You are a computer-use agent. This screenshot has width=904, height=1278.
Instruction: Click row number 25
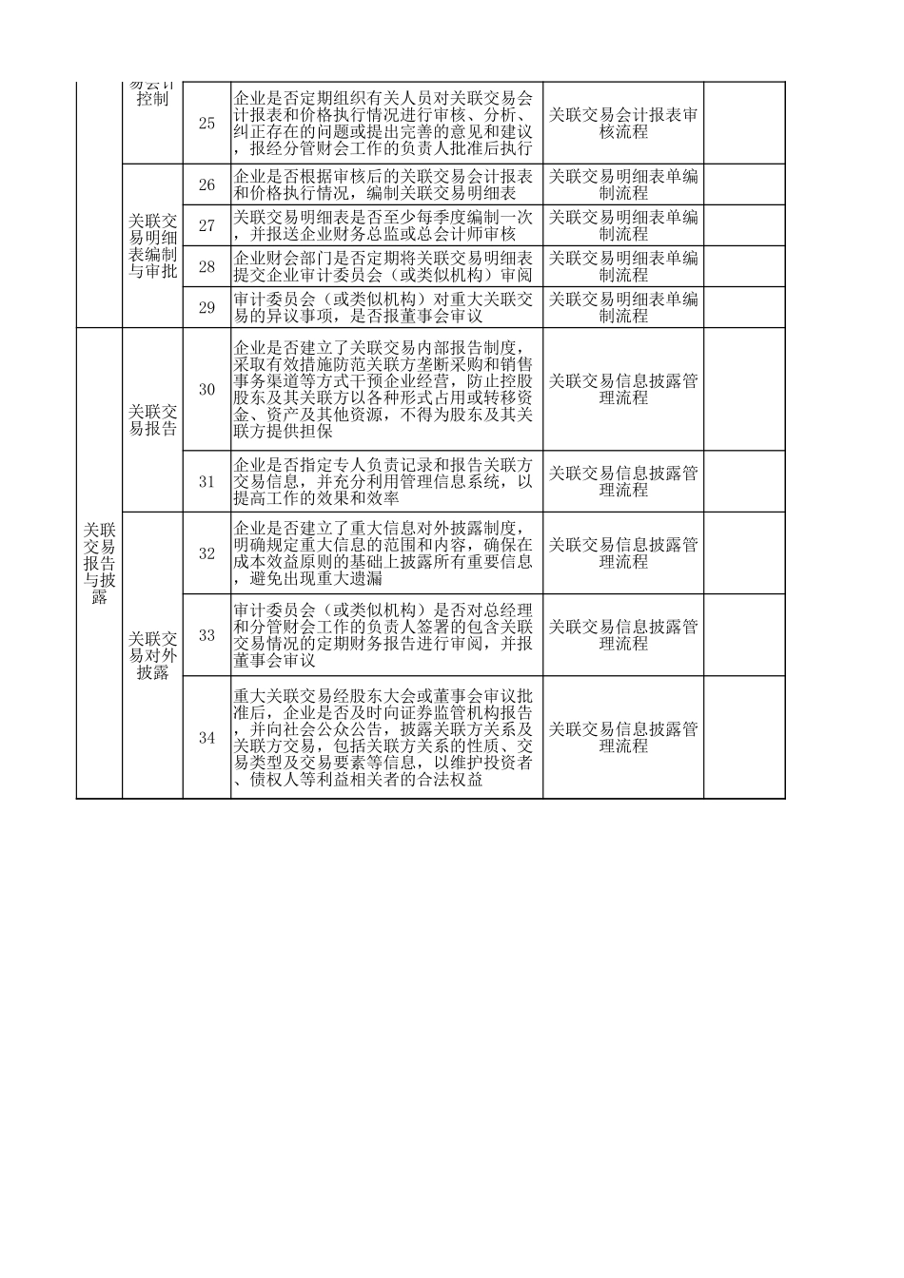pyautogui.click(x=206, y=124)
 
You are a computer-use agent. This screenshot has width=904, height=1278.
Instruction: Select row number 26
pyautogui.click(x=206, y=184)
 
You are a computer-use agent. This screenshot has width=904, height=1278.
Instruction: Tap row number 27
pyautogui.click(x=206, y=225)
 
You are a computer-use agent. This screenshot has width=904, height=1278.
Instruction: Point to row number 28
pyautogui.click(x=206, y=266)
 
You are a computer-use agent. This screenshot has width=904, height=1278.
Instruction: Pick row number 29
pyautogui.click(x=206, y=307)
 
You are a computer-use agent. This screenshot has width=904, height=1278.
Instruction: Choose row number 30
pyautogui.click(x=206, y=389)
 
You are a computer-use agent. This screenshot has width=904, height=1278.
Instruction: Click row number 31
pyautogui.click(x=206, y=481)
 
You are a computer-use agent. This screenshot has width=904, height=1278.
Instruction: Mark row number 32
pyautogui.click(x=206, y=553)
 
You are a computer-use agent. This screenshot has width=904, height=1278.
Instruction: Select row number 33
pyautogui.click(x=206, y=635)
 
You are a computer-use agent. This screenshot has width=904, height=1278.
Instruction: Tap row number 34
pyautogui.click(x=206, y=737)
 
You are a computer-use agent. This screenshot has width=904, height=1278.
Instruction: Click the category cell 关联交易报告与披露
pyautogui.click(x=99, y=563)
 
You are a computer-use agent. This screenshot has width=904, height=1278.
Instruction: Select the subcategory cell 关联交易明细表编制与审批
pyautogui.click(x=152, y=245)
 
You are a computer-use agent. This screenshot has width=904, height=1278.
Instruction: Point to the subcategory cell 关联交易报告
pyautogui.click(x=152, y=419)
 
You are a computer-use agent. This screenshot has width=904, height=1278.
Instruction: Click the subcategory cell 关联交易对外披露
pyautogui.click(x=152, y=655)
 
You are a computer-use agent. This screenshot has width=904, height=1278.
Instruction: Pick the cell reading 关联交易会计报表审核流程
pyautogui.click(x=623, y=124)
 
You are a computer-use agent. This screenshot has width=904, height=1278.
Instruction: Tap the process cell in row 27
pyautogui.click(x=623, y=225)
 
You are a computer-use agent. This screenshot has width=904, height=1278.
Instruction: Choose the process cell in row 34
pyautogui.click(x=623, y=737)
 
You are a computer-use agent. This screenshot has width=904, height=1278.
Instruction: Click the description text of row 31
pyautogui.click(x=385, y=481)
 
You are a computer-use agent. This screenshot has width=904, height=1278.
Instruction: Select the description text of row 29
pyautogui.click(x=385, y=307)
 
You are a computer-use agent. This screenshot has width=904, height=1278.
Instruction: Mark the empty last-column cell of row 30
pyautogui.click(x=744, y=389)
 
